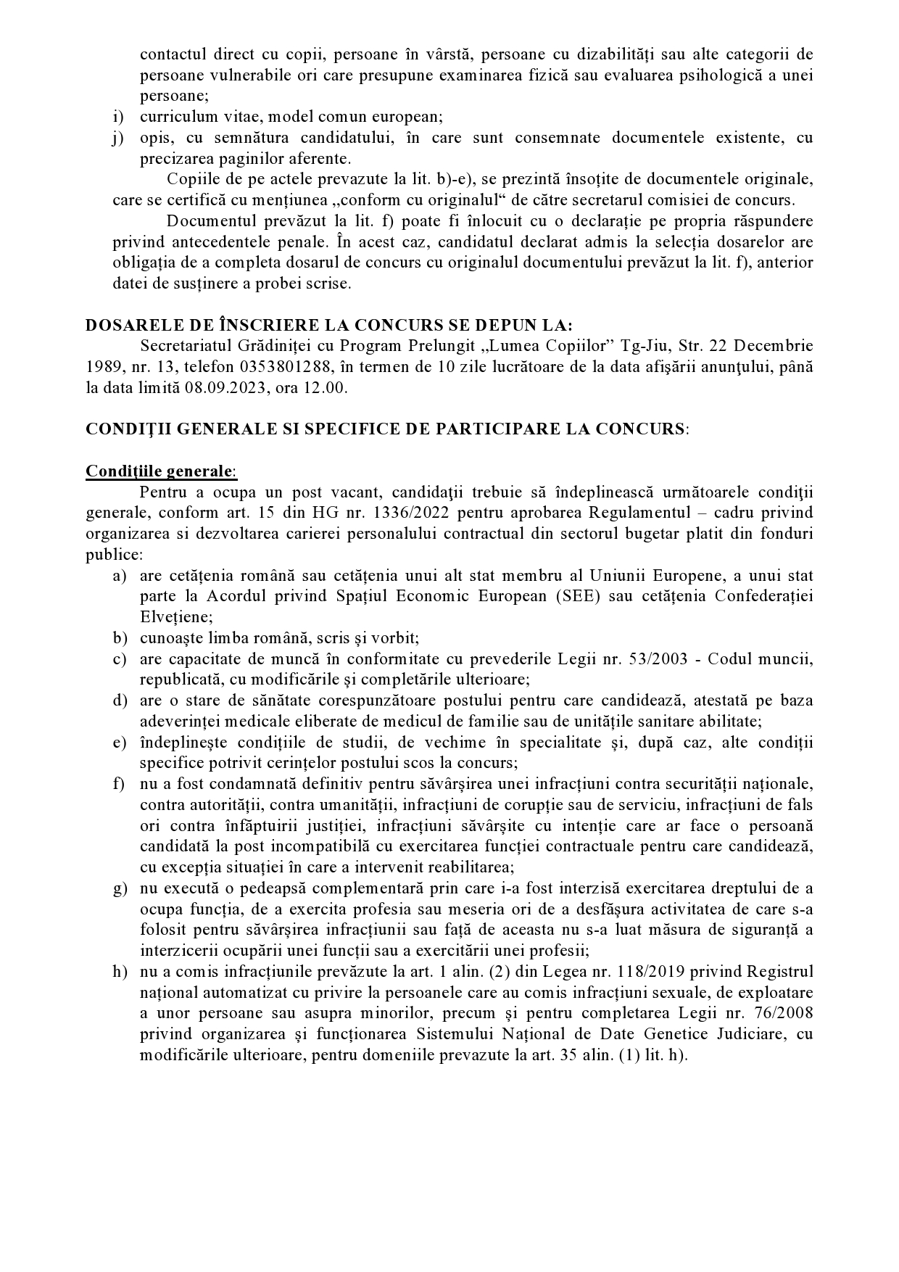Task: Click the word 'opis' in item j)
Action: (x=154, y=138)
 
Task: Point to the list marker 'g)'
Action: (x=120, y=889)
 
